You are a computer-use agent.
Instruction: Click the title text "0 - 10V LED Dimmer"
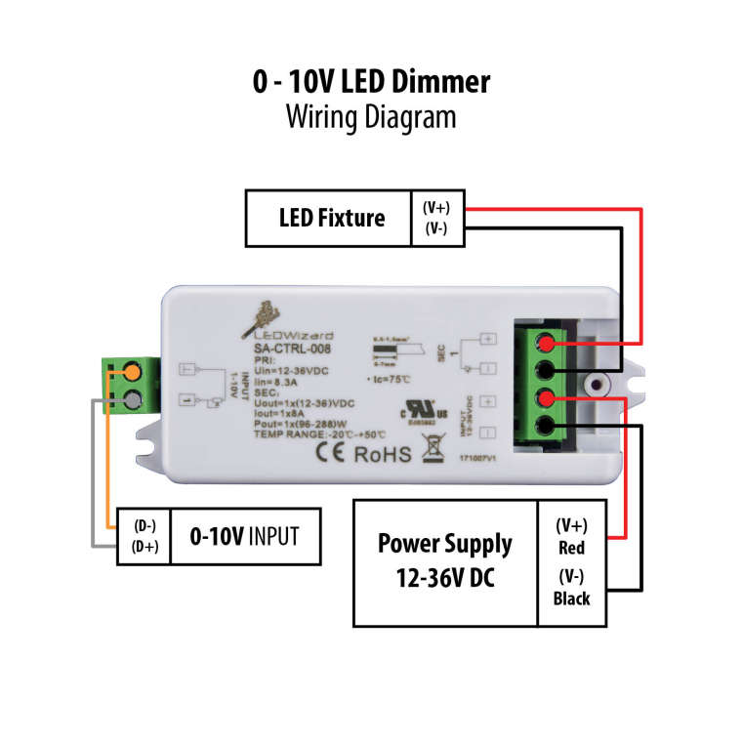tap(370, 81)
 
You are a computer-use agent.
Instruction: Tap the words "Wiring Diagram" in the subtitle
tap(370, 116)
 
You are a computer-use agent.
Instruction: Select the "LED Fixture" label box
tap(331, 217)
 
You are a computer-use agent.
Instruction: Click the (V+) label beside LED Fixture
tap(436, 208)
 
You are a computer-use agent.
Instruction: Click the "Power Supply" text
tap(444, 543)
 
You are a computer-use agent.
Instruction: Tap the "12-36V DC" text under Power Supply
tap(444, 577)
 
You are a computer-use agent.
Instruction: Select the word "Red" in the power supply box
tap(571, 548)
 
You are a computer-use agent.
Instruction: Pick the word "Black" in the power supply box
tap(571, 598)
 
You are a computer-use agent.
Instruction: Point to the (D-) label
tap(144, 525)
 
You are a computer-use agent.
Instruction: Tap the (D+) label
tap(144, 547)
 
